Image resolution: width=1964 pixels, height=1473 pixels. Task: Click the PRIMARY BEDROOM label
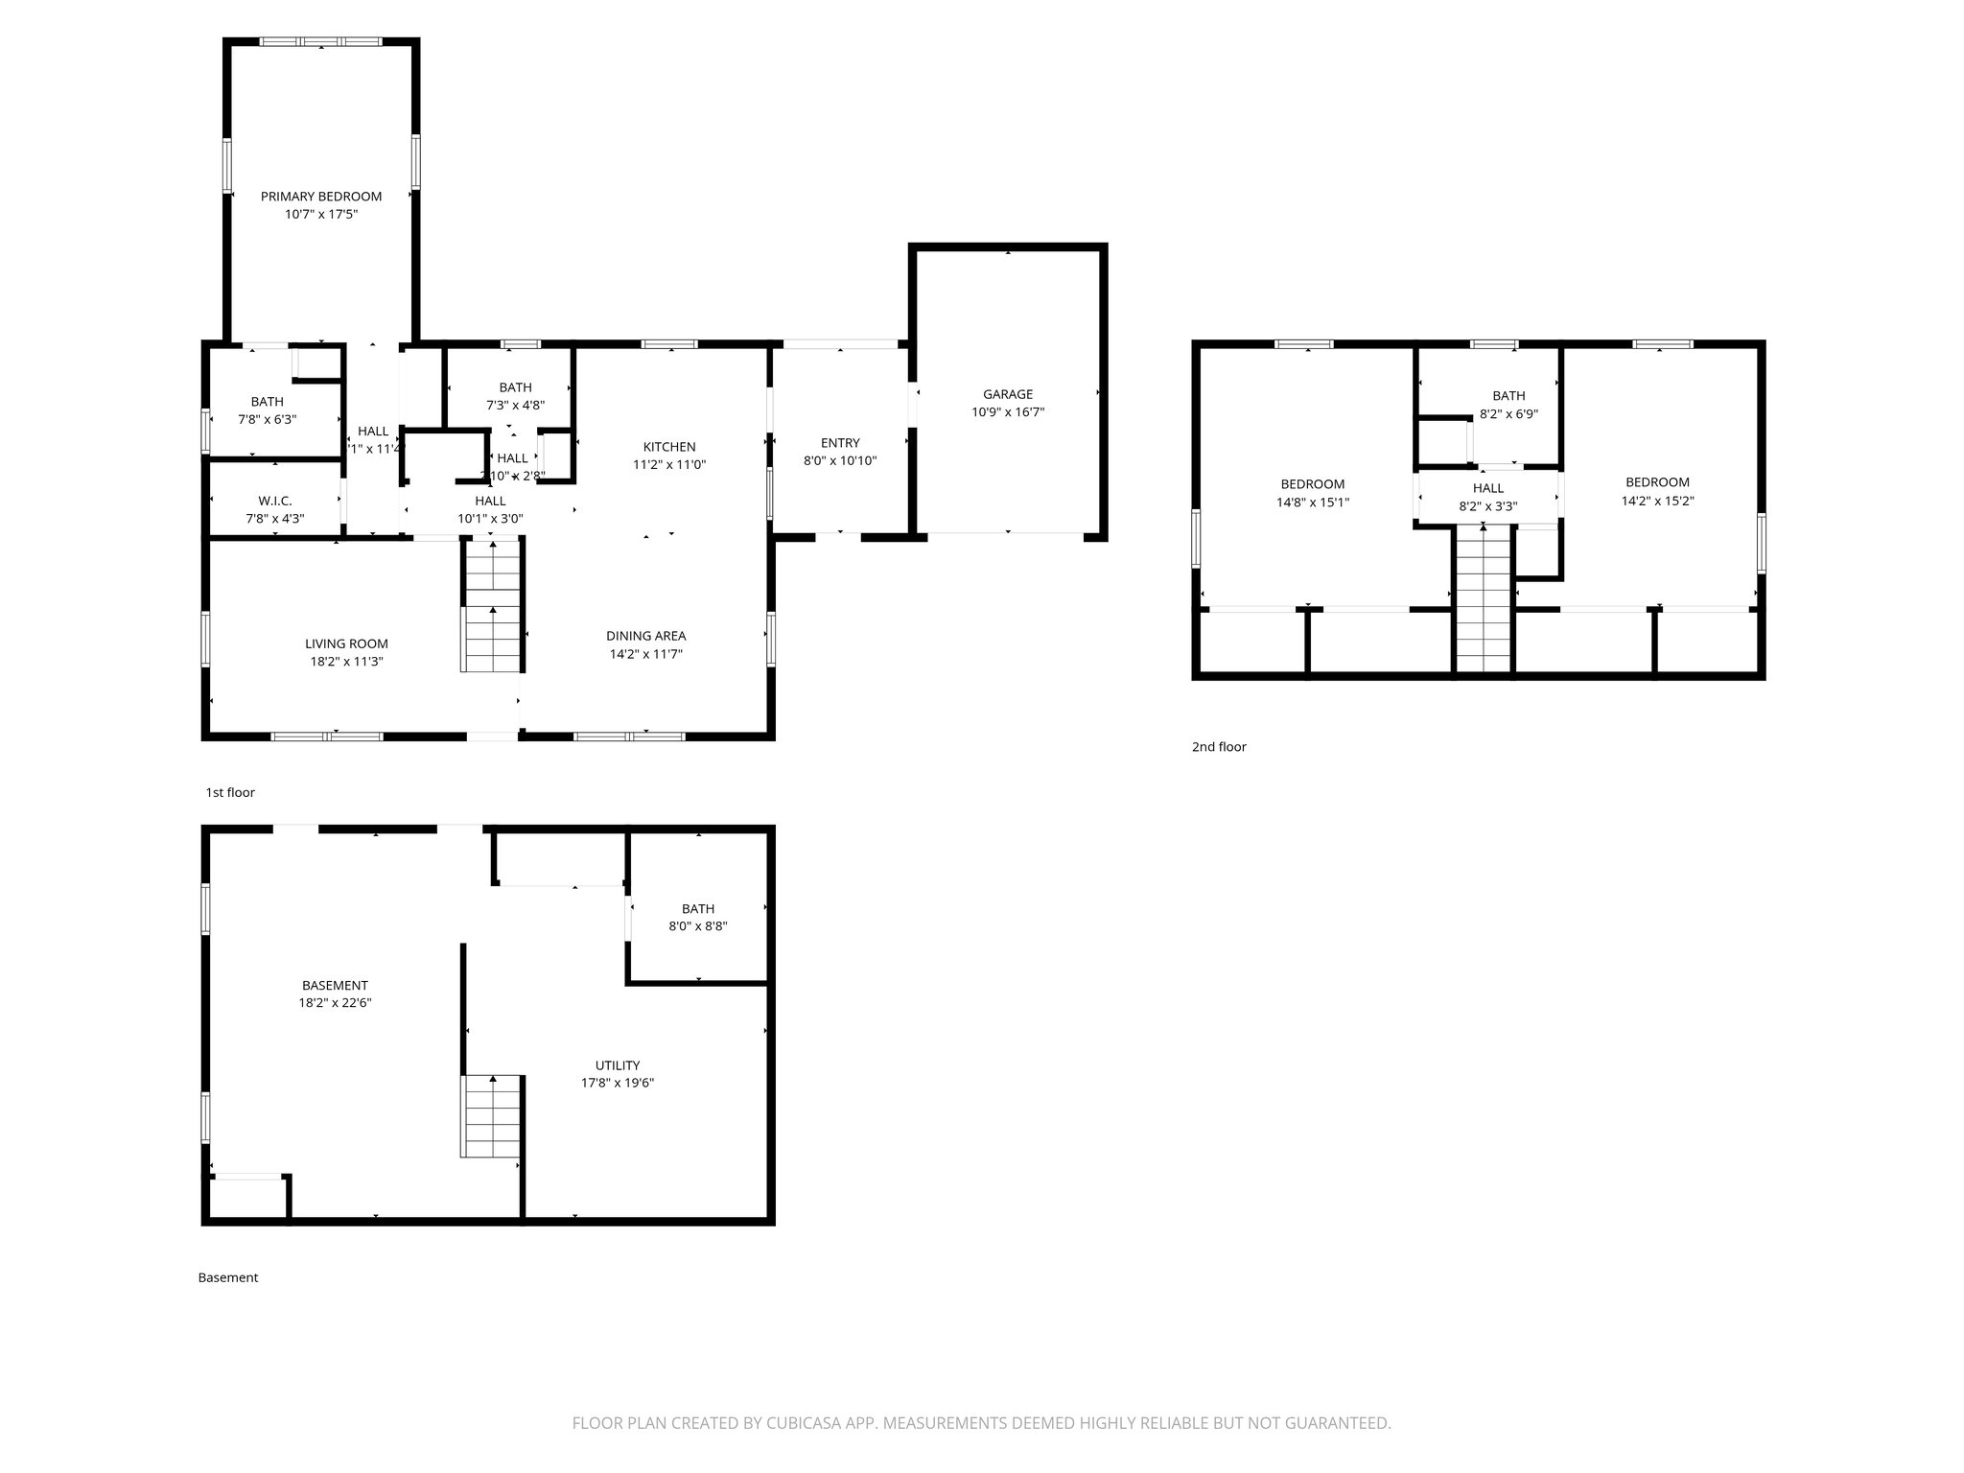tap(321, 197)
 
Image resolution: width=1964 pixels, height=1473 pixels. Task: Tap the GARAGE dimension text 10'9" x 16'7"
tap(1007, 412)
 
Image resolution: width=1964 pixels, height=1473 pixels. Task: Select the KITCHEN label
tap(669, 447)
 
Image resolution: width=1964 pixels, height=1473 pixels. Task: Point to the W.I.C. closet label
tap(275, 502)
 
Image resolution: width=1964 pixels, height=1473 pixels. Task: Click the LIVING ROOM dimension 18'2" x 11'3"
tap(346, 662)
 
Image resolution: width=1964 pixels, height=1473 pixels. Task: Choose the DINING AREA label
tap(645, 636)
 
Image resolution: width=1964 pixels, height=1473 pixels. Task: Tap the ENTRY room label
tap(840, 443)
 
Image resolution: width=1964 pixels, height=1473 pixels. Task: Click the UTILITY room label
tap(617, 1065)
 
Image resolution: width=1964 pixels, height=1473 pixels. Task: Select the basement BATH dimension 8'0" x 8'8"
tap(697, 926)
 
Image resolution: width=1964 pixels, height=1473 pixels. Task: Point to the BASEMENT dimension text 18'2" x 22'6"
tap(335, 1003)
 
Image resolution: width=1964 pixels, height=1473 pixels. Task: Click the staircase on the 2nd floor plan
tap(1484, 599)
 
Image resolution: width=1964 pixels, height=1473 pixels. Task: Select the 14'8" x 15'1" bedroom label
tap(1312, 484)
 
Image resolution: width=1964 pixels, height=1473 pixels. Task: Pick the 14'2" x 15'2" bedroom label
tap(1657, 482)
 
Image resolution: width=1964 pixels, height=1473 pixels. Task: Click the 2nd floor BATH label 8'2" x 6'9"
tap(1508, 396)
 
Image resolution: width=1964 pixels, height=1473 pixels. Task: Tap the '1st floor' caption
tap(230, 792)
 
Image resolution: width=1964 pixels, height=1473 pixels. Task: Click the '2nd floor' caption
tap(1219, 747)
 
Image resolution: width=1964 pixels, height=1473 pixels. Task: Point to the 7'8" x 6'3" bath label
tap(268, 402)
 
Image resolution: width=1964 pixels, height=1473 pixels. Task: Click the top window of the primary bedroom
tap(321, 42)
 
